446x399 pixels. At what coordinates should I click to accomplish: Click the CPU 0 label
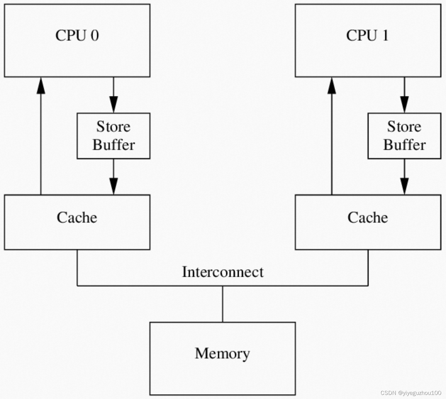coord(77,35)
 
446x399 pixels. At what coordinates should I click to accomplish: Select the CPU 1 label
coord(367,35)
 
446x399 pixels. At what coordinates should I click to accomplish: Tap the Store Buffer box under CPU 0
coord(114,136)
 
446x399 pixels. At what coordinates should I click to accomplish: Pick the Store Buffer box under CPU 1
coord(404,136)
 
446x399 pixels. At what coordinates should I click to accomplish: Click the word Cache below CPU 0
coord(77,217)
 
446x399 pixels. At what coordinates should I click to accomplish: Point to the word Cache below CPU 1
coord(368,217)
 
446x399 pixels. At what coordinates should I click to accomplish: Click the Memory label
coord(222,353)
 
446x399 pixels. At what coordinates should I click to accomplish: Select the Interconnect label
coord(223,272)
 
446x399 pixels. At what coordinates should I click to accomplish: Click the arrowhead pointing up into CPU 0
coord(41,85)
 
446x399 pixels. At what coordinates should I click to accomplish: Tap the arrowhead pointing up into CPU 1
coord(332,85)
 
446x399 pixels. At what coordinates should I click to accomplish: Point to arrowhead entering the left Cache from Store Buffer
coord(114,186)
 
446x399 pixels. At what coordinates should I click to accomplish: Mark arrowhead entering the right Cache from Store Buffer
coord(404,186)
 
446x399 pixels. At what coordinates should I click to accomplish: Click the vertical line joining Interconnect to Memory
coord(223,304)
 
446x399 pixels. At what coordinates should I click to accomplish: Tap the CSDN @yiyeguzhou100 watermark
coord(411,393)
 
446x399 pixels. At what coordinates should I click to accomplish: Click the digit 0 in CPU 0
coord(95,35)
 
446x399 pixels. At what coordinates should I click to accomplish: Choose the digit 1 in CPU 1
coord(385,35)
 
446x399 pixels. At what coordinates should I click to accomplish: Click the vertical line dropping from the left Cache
coord(77,267)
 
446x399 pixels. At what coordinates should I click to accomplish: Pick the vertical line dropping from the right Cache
coord(368,267)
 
